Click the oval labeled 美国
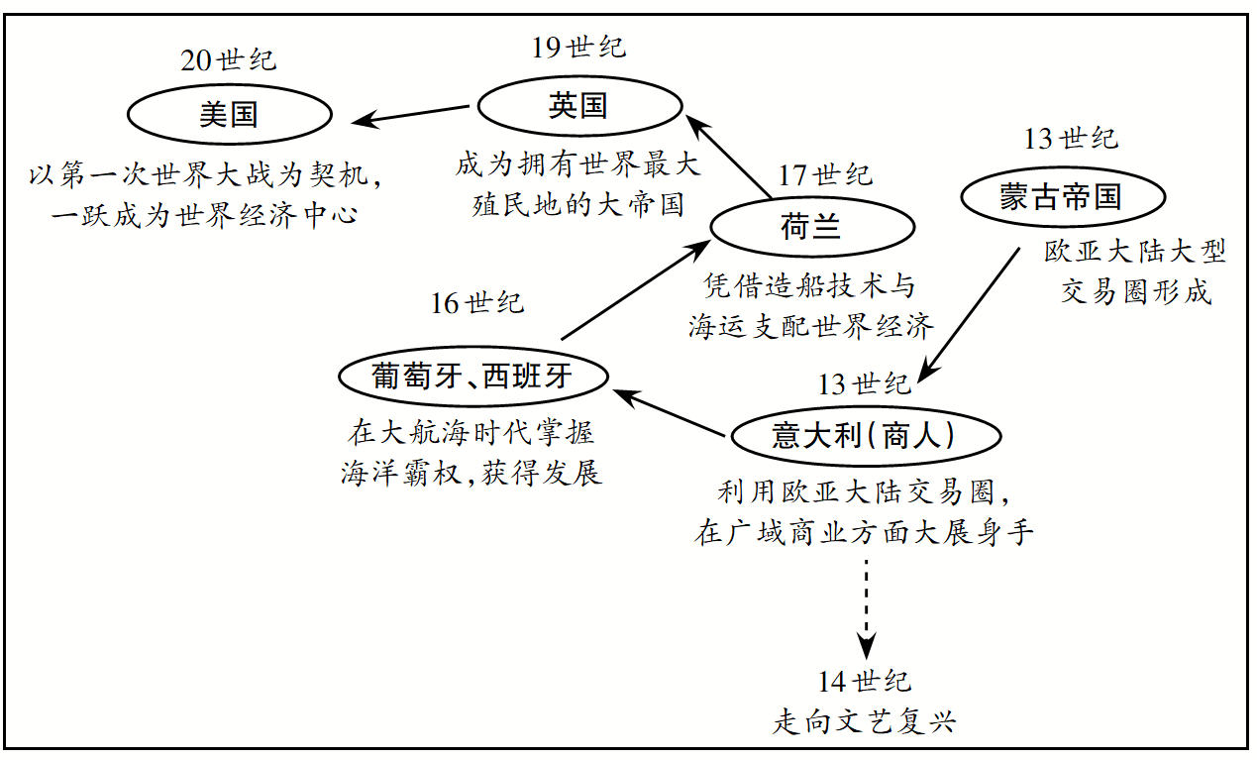point(229,114)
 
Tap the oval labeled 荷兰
point(811,227)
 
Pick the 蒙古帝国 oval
point(1061,197)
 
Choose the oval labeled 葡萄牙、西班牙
point(471,377)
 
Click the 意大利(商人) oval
point(864,436)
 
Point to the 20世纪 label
point(229,59)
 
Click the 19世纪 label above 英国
point(579,47)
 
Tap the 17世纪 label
point(825,175)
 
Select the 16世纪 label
point(476,302)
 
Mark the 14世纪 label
point(865,682)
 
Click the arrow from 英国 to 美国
point(412,114)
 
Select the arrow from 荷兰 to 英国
point(731,157)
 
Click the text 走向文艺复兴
point(864,720)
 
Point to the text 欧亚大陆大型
point(1135,252)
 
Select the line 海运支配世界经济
point(811,327)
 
